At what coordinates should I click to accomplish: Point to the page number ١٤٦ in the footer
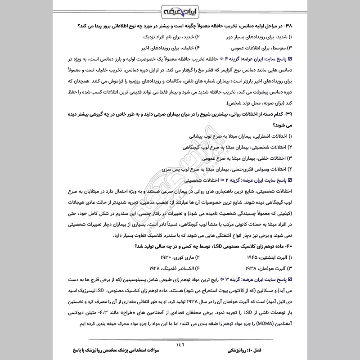coord(180,343)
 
